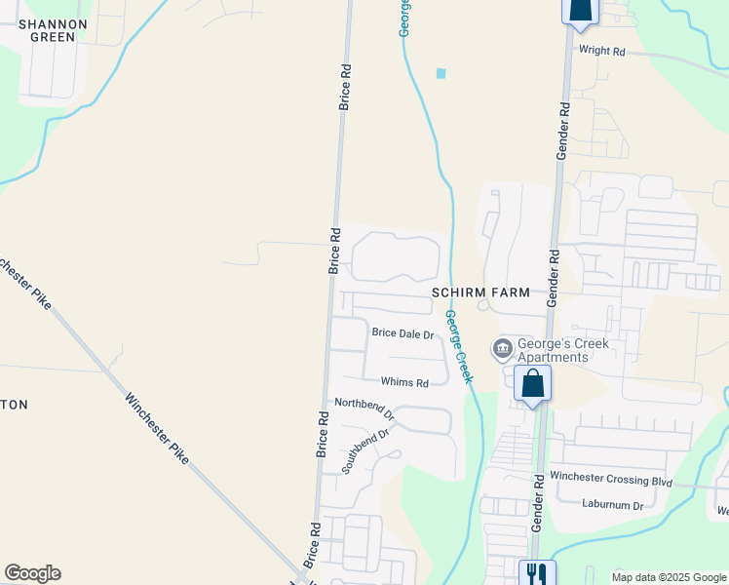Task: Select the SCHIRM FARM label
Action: click(x=481, y=292)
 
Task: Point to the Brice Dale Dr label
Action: click(x=403, y=333)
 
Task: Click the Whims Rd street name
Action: click(x=404, y=383)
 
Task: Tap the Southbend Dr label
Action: click(x=365, y=450)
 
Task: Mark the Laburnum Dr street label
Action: click(x=612, y=505)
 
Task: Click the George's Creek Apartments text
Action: click(x=562, y=350)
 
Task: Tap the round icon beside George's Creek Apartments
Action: click(x=503, y=348)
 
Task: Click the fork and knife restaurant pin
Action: click(x=536, y=573)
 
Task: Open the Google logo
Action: click(x=32, y=573)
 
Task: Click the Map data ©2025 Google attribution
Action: click(x=669, y=577)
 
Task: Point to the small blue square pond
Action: click(x=441, y=73)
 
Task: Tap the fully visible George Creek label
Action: click(x=458, y=346)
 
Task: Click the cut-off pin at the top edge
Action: click(x=579, y=10)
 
